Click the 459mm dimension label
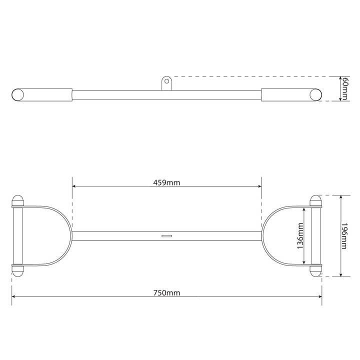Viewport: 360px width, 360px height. pos(166,182)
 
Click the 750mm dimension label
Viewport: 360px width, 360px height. pos(166,292)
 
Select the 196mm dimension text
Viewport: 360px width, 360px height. pos(344,236)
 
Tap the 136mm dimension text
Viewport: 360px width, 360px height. pos(299,236)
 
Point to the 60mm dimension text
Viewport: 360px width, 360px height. pos(344,89)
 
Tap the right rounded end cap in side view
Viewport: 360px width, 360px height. pos(316,94)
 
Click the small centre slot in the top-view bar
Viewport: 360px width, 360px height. pos(166,235)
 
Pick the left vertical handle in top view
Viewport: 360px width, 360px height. pos(17,235)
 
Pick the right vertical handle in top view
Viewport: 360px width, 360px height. pos(316,235)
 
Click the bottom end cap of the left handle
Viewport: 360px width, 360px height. pos(17,270)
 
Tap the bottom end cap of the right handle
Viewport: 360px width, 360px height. pos(316,270)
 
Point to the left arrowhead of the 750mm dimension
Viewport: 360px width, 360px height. pos(13,297)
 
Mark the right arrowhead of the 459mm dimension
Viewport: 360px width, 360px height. pos(259,186)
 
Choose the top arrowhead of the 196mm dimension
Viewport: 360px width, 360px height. pos(340,197)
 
